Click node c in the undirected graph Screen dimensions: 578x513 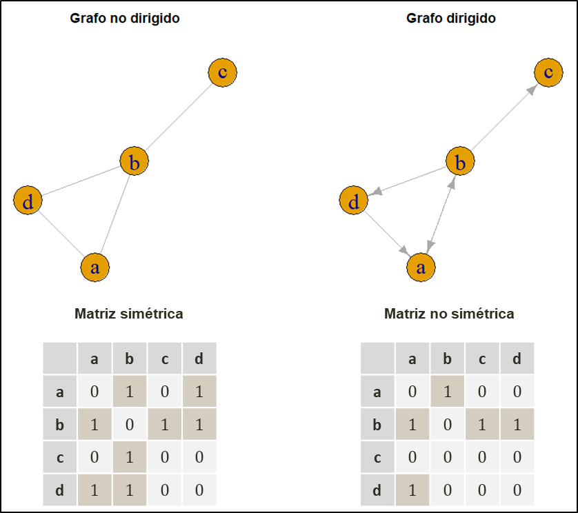222,72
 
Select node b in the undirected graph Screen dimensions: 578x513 134,162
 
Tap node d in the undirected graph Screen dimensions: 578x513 28,201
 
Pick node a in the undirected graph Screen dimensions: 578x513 95,268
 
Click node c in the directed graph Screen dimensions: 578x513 548,72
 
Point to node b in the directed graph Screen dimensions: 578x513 461,162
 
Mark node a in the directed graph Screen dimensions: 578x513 421,268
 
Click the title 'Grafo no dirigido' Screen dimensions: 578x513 125,19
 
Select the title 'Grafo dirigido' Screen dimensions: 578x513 451,19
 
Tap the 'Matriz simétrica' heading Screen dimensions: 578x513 129,314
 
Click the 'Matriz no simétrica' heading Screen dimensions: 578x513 449,314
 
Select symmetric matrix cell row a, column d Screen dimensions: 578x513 199,392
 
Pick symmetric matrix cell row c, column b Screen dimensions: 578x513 130,457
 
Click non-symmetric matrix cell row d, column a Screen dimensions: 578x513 412,490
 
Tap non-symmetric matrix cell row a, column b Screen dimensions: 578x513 448,392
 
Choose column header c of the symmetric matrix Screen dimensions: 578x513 165,359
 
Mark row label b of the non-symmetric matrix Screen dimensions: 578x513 377,425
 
